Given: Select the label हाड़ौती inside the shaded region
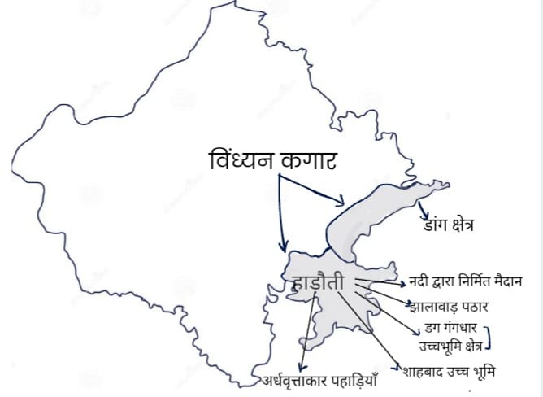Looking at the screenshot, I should point(319,284).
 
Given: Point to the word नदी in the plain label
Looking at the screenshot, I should point(421,282).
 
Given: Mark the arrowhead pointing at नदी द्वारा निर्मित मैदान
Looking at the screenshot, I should point(404,285).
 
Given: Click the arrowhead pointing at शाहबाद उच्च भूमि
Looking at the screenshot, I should point(397,369).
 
